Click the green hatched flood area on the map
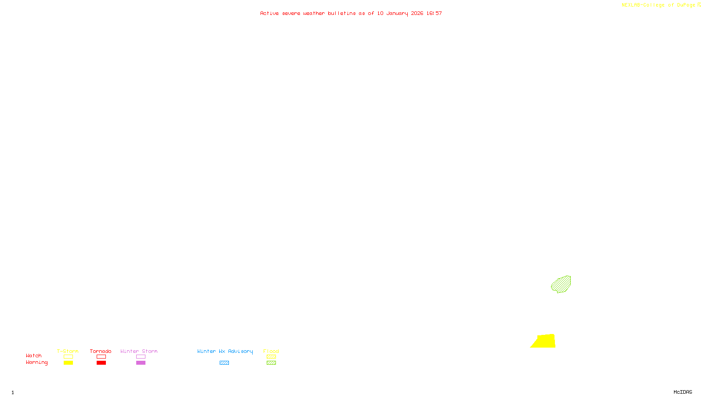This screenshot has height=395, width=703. tap(561, 284)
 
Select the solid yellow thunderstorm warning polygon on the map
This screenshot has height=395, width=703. tap(545, 341)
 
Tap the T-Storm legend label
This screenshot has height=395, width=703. tap(68, 351)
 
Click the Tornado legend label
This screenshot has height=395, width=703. tap(101, 351)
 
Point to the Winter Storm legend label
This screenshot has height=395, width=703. tap(139, 351)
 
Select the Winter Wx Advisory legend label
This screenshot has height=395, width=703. tap(225, 351)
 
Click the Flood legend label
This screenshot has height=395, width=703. tap(271, 351)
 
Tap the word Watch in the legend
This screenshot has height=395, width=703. tap(34, 355)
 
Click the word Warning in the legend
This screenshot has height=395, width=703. tap(36, 363)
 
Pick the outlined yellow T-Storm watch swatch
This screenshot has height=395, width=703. tap(68, 357)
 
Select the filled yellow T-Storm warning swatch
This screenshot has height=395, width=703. tap(68, 363)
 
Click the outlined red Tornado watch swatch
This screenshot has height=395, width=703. tap(101, 357)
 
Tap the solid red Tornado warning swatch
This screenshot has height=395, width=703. tap(101, 363)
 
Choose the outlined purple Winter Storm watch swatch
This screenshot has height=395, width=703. tap(141, 357)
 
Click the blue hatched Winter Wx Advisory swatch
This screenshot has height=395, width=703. tap(224, 363)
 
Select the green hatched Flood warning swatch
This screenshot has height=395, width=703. tap(271, 363)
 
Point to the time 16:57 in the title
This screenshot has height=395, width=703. tap(434, 13)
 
